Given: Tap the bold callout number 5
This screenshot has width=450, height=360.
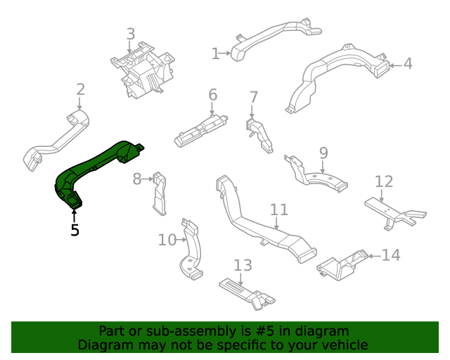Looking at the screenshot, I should [75, 230].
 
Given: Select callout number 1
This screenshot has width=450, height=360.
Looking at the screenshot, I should [216, 53].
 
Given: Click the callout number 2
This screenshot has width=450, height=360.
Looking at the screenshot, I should [81, 89].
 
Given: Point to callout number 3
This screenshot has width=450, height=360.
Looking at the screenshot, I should [130, 34].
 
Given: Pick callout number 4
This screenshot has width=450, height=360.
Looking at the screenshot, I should [407, 65].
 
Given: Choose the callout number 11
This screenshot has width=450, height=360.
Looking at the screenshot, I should [279, 210].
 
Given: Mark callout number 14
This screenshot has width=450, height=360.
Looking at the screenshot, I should [391, 255].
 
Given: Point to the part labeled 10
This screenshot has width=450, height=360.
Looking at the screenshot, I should [191, 250].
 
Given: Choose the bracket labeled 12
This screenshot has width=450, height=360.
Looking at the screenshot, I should [394, 212].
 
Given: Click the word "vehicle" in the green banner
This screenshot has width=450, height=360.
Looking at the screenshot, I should [343, 345].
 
